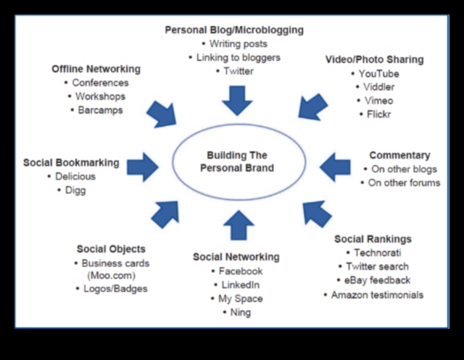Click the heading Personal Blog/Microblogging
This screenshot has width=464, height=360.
point(233,30)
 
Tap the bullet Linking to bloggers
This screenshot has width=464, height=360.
point(238,57)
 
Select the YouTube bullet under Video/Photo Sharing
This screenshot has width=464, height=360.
point(378,73)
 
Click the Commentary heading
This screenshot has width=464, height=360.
point(399,155)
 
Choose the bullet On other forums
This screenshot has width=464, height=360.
point(404,183)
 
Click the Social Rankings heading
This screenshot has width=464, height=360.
point(373,239)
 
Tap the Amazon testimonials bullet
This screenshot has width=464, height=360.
point(377,295)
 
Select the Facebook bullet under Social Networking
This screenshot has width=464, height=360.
point(240,271)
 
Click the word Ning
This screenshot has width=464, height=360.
point(240,312)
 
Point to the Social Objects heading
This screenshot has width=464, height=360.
point(111,249)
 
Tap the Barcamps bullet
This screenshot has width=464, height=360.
point(100,110)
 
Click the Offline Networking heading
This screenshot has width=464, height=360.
point(96,69)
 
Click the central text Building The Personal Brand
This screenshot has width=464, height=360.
point(237,162)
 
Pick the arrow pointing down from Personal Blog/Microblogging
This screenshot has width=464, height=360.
point(237,100)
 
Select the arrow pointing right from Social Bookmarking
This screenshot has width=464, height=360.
point(143,167)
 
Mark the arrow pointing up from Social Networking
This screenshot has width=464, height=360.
point(238,225)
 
